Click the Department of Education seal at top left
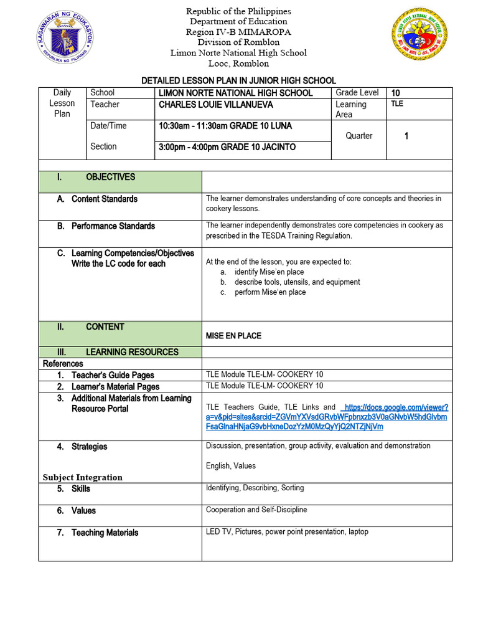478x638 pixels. tap(64, 38)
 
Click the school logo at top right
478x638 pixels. tap(419, 34)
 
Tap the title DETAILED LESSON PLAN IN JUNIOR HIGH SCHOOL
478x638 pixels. tap(238, 80)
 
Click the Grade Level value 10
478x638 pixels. tap(395, 93)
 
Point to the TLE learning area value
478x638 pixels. tap(397, 104)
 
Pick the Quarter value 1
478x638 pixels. tap(406, 136)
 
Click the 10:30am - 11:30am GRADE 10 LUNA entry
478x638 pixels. tap(225, 126)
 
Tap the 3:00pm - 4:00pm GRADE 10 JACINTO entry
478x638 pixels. tap(227, 147)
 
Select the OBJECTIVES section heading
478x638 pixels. tap(110, 177)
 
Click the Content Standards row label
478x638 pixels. tap(104, 199)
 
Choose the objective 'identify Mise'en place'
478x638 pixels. tap(269, 272)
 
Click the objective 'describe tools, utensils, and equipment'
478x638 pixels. tap(297, 282)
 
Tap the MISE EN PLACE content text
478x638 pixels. tap(233, 336)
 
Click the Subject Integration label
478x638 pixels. tap(82, 477)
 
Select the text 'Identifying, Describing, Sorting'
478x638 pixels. tap(255, 488)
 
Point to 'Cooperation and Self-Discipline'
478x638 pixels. tap(256, 510)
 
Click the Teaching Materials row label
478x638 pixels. tap(105, 533)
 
